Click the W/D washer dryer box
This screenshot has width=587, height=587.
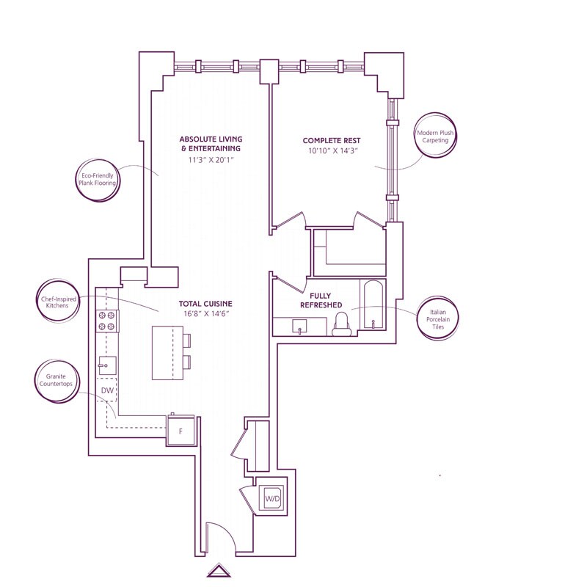271,499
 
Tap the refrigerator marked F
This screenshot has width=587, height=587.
181,431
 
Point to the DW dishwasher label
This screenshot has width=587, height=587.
107,391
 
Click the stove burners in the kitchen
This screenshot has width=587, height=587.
107,320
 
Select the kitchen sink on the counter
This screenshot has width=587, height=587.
106,365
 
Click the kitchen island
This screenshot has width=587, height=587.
167,353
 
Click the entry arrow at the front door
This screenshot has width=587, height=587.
219,571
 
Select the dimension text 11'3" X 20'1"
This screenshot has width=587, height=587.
211,159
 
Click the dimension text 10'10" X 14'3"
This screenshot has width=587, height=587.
332,152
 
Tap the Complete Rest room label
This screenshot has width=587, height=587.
332,140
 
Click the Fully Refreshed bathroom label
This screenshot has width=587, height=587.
321,300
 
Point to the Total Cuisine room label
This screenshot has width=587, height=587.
205,303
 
